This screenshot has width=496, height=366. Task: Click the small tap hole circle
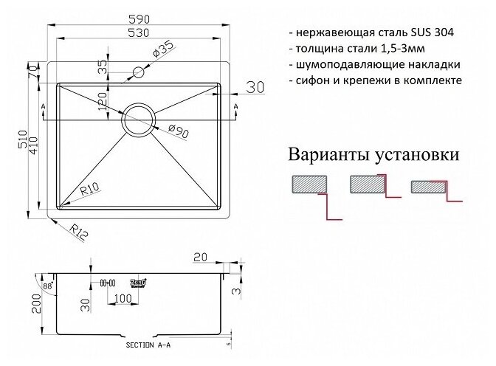tap(138, 72)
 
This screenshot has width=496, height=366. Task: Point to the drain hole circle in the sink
tap(139, 119)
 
